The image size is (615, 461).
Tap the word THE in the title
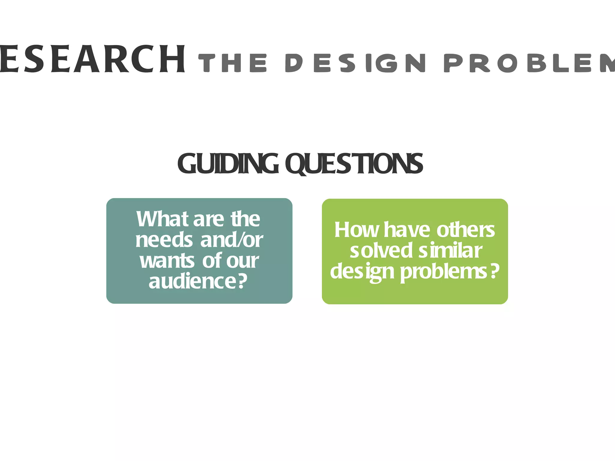[233, 63]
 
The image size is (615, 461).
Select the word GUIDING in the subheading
[228, 164]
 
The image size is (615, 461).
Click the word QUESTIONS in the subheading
[354, 164]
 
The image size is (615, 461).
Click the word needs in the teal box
[164, 240]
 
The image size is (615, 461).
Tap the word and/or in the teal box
[232, 240]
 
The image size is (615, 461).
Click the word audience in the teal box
[192, 281]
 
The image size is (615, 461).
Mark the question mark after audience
[242, 281]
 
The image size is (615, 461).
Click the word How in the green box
[357, 230]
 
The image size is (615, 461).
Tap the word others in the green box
[465, 230]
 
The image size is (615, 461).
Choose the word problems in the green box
[444, 272]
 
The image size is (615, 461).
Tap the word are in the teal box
[208, 219]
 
